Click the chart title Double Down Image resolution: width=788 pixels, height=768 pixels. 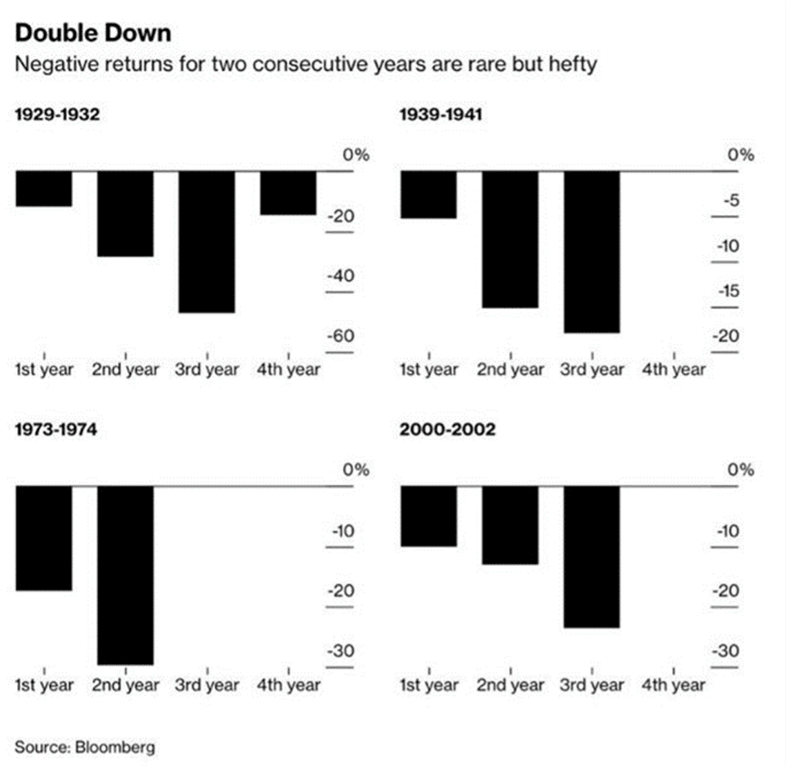coord(93,33)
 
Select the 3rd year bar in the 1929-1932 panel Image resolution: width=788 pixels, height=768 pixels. coord(207,241)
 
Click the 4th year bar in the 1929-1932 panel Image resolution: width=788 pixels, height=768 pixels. coord(288,192)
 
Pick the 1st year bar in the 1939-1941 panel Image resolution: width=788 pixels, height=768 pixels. coord(429,194)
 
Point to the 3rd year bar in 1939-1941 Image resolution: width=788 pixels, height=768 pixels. coord(592,252)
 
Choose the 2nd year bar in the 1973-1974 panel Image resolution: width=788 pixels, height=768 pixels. coord(125,575)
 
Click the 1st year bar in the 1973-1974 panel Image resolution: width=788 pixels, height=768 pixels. coord(44,538)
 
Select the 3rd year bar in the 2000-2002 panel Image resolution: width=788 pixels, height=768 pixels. coord(592,556)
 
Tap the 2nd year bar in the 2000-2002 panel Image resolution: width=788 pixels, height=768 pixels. coord(510,525)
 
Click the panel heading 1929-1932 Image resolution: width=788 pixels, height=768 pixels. coord(57,114)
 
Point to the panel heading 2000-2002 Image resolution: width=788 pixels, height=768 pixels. coord(447,430)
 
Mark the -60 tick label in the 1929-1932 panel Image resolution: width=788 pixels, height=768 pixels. coord(339,336)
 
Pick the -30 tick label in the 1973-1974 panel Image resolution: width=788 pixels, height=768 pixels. coord(339,651)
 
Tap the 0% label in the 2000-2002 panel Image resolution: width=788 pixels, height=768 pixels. coord(741,470)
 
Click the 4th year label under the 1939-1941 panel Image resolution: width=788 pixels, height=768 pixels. coord(674,370)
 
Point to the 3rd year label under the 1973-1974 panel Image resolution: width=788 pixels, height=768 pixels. coord(207,685)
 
